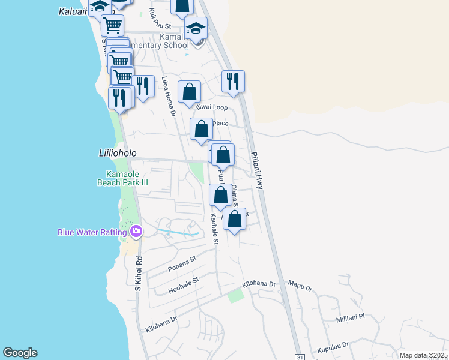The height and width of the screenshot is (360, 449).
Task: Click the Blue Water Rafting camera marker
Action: (x=136, y=232)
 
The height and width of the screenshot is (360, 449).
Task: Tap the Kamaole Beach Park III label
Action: (x=122, y=178)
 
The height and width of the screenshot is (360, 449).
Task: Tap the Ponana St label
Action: (x=182, y=263)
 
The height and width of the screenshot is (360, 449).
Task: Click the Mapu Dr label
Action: (x=300, y=289)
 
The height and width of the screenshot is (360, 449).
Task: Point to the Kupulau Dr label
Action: (x=334, y=346)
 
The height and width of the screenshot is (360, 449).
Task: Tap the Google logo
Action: (x=20, y=353)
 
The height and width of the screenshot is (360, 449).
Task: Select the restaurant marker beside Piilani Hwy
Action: (x=233, y=81)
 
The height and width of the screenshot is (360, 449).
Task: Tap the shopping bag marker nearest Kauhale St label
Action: (x=220, y=195)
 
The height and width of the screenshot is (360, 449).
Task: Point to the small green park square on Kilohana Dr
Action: (x=235, y=295)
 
